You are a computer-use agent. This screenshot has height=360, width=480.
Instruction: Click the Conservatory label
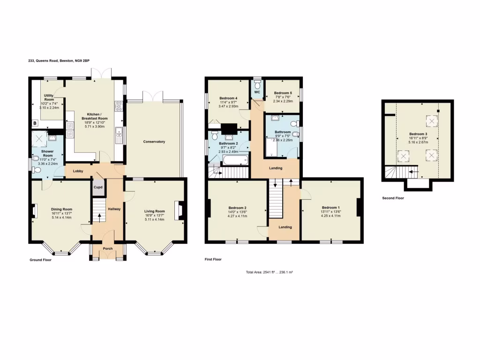(154, 142)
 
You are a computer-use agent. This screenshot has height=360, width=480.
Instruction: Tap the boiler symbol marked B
(35, 123)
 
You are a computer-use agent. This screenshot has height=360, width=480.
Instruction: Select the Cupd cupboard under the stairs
(98, 187)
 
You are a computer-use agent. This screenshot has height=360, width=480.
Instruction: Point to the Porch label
(108, 248)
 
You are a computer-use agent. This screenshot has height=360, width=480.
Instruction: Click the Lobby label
(78, 172)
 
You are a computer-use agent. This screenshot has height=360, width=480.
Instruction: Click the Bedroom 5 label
(283, 93)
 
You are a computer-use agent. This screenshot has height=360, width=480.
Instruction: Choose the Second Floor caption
(393, 198)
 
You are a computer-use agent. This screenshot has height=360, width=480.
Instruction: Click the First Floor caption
(213, 259)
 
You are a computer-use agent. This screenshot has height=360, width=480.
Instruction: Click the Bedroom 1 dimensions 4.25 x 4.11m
(330, 216)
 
